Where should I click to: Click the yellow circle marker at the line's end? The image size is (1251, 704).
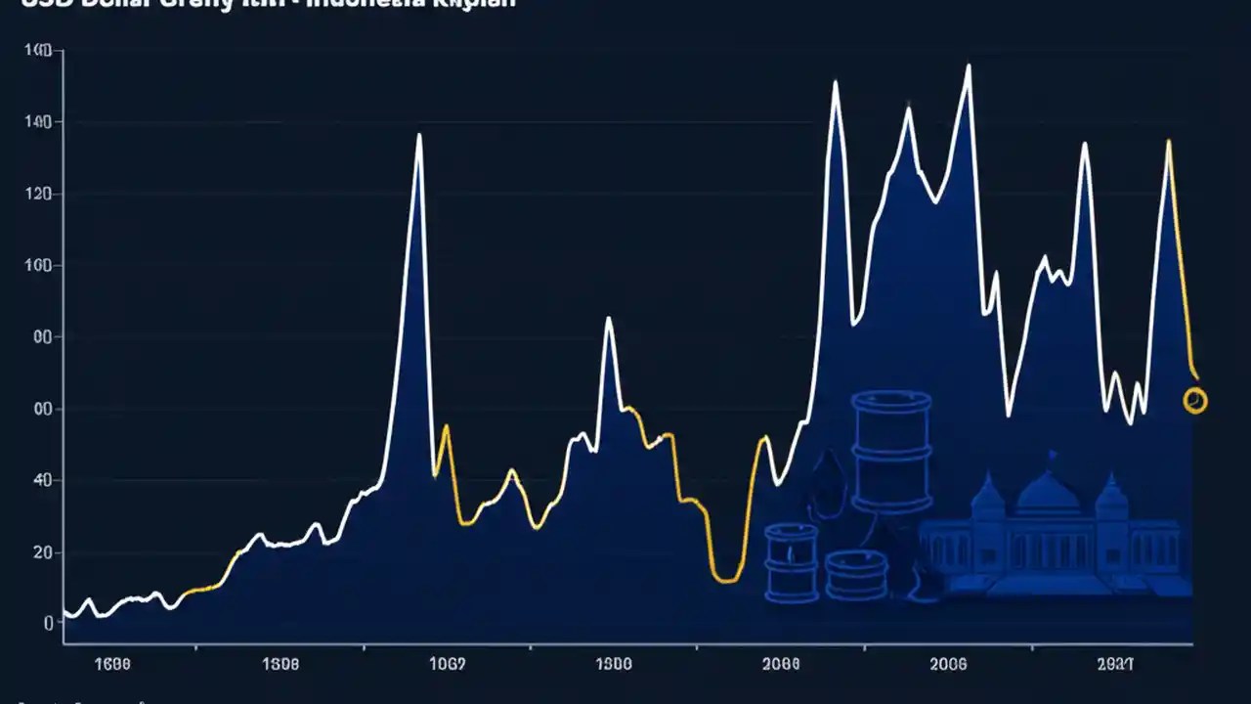pos(1194,400)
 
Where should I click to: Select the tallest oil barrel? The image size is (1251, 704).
pos(890,452)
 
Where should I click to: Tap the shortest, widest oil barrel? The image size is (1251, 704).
pos(855,574)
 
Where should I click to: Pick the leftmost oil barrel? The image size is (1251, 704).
pos(791,561)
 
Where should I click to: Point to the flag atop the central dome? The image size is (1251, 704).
pos(1053,456)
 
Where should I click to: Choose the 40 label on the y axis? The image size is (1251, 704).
pos(41,480)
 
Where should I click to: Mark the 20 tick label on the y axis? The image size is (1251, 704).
pos(41,552)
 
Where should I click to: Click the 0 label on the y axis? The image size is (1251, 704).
pos(46,623)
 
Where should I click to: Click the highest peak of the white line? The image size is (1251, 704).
pos(969,66)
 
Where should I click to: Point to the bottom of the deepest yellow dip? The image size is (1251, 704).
pos(725,581)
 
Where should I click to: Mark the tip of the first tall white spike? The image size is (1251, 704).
pos(419,135)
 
